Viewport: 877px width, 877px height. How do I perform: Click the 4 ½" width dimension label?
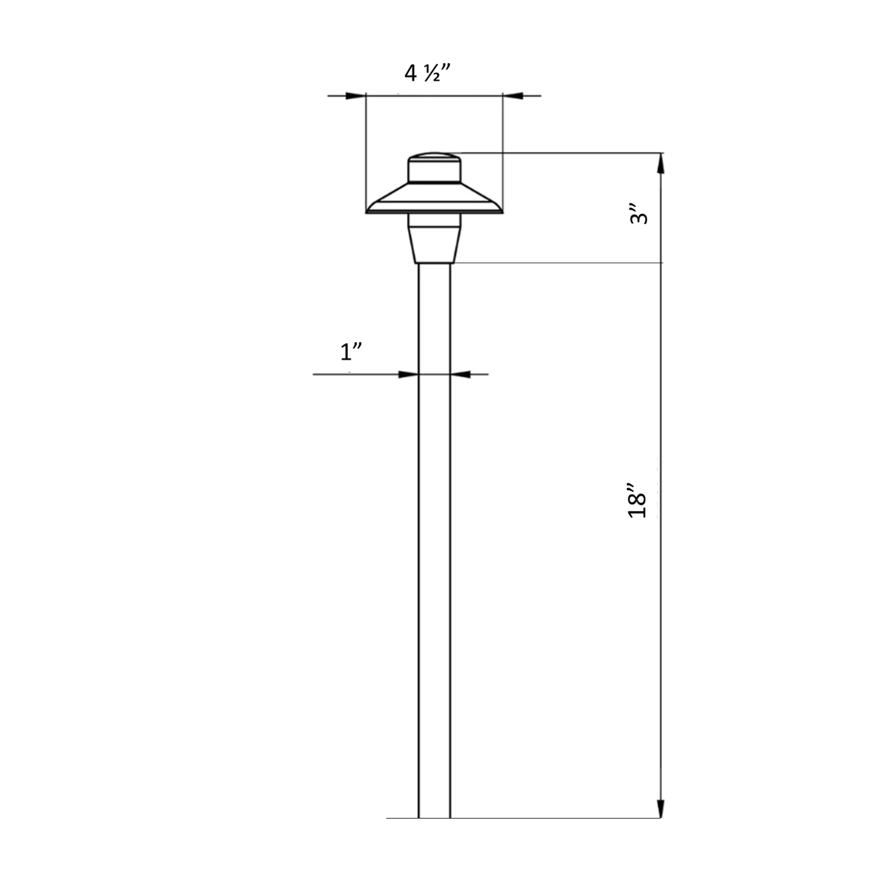tap(429, 73)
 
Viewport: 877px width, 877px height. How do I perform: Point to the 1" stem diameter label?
tap(351, 352)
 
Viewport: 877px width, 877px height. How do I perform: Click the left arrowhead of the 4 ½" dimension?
tap(355, 95)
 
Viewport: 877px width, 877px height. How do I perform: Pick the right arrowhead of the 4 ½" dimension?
tap(512, 95)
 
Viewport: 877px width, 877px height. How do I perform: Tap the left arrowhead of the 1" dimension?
tap(409, 374)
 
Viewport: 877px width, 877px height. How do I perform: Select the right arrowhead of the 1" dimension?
tap(460, 374)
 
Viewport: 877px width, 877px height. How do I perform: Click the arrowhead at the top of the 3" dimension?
tap(661, 163)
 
